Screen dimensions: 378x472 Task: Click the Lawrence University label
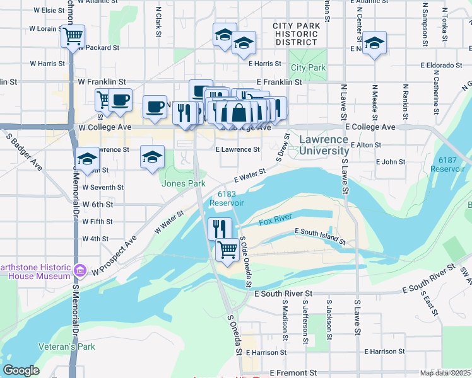tap(324, 145)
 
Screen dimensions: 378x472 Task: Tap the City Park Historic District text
tap(297, 31)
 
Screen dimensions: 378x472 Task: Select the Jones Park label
tap(184, 183)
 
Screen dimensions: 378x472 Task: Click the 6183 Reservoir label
tap(226, 198)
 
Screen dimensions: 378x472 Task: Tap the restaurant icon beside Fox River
tap(220, 227)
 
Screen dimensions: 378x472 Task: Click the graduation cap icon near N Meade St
tap(374, 43)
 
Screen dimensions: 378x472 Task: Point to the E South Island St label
tap(319, 236)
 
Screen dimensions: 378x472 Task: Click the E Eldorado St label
tap(445, 65)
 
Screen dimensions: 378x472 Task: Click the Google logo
tap(21, 370)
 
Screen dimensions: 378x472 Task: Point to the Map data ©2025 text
tap(445, 373)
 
